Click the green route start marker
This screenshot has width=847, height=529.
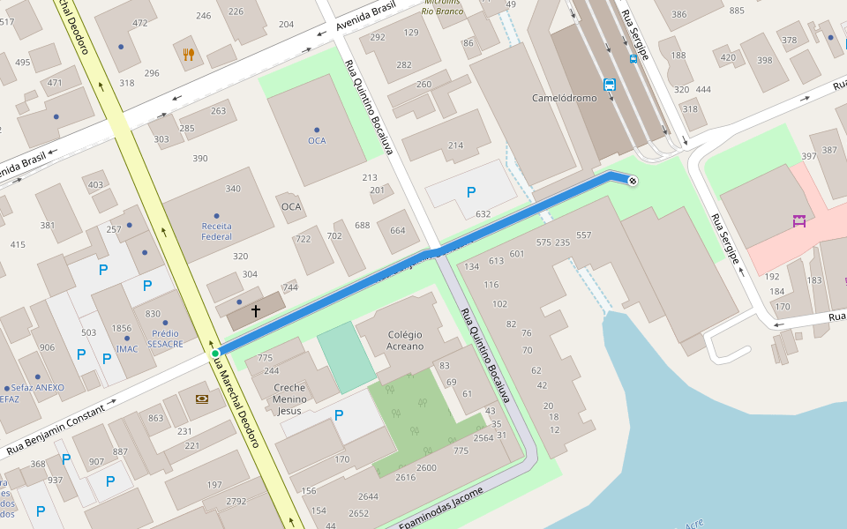tap(214, 354)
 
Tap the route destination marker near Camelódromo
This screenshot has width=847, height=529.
tap(632, 182)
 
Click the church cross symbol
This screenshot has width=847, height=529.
tap(256, 311)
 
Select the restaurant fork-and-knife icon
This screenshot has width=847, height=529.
tap(188, 55)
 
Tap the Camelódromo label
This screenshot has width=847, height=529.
tap(564, 98)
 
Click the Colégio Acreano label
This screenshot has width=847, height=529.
tap(405, 340)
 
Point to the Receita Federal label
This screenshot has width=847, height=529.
tap(217, 231)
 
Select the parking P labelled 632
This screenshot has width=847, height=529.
tap(471, 192)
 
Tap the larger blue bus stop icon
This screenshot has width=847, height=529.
tap(610, 85)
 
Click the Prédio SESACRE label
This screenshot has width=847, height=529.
tap(166, 339)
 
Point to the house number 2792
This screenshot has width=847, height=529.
tap(236, 502)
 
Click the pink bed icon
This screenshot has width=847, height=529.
tap(800, 221)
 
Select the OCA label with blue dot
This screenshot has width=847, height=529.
tap(317, 140)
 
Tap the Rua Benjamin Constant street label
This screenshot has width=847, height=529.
tap(61, 427)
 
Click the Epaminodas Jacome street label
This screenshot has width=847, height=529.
tap(441, 510)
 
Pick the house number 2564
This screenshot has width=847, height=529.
tap(483, 438)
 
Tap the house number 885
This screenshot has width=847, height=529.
tap(738, 11)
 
